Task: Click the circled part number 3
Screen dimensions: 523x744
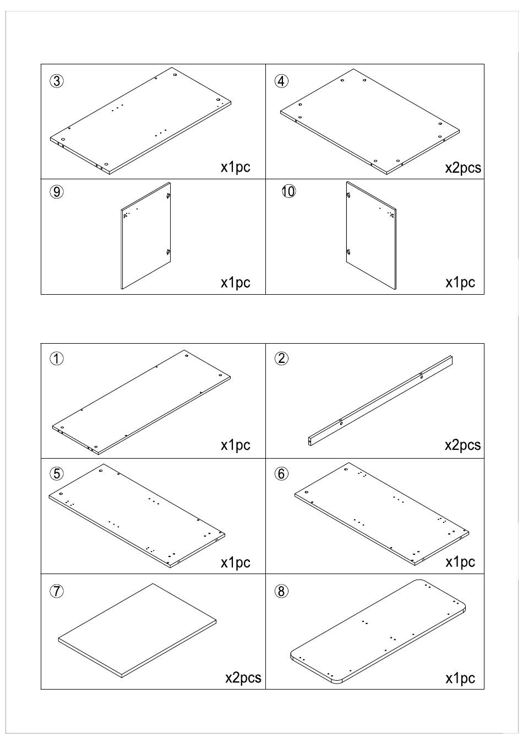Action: (x=57, y=81)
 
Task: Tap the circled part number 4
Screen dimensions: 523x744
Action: (x=281, y=81)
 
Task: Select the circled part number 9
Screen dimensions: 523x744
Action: (x=57, y=192)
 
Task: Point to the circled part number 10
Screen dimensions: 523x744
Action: (x=288, y=191)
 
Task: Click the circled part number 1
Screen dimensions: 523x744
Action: (x=57, y=359)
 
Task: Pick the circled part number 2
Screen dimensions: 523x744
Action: (x=281, y=359)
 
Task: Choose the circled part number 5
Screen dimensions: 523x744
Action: (x=57, y=473)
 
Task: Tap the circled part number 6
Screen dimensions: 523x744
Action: (x=281, y=473)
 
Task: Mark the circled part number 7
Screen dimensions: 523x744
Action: (x=57, y=591)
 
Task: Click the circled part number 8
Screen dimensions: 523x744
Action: (x=281, y=591)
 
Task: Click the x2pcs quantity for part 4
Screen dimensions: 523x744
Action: (x=462, y=168)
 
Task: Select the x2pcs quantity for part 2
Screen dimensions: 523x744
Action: (x=462, y=445)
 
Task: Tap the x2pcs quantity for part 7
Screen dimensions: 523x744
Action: (x=243, y=678)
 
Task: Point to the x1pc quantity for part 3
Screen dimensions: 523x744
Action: (x=236, y=167)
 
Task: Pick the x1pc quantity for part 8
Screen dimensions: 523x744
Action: (x=460, y=678)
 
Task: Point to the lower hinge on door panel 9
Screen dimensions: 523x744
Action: (x=167, y=252)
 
